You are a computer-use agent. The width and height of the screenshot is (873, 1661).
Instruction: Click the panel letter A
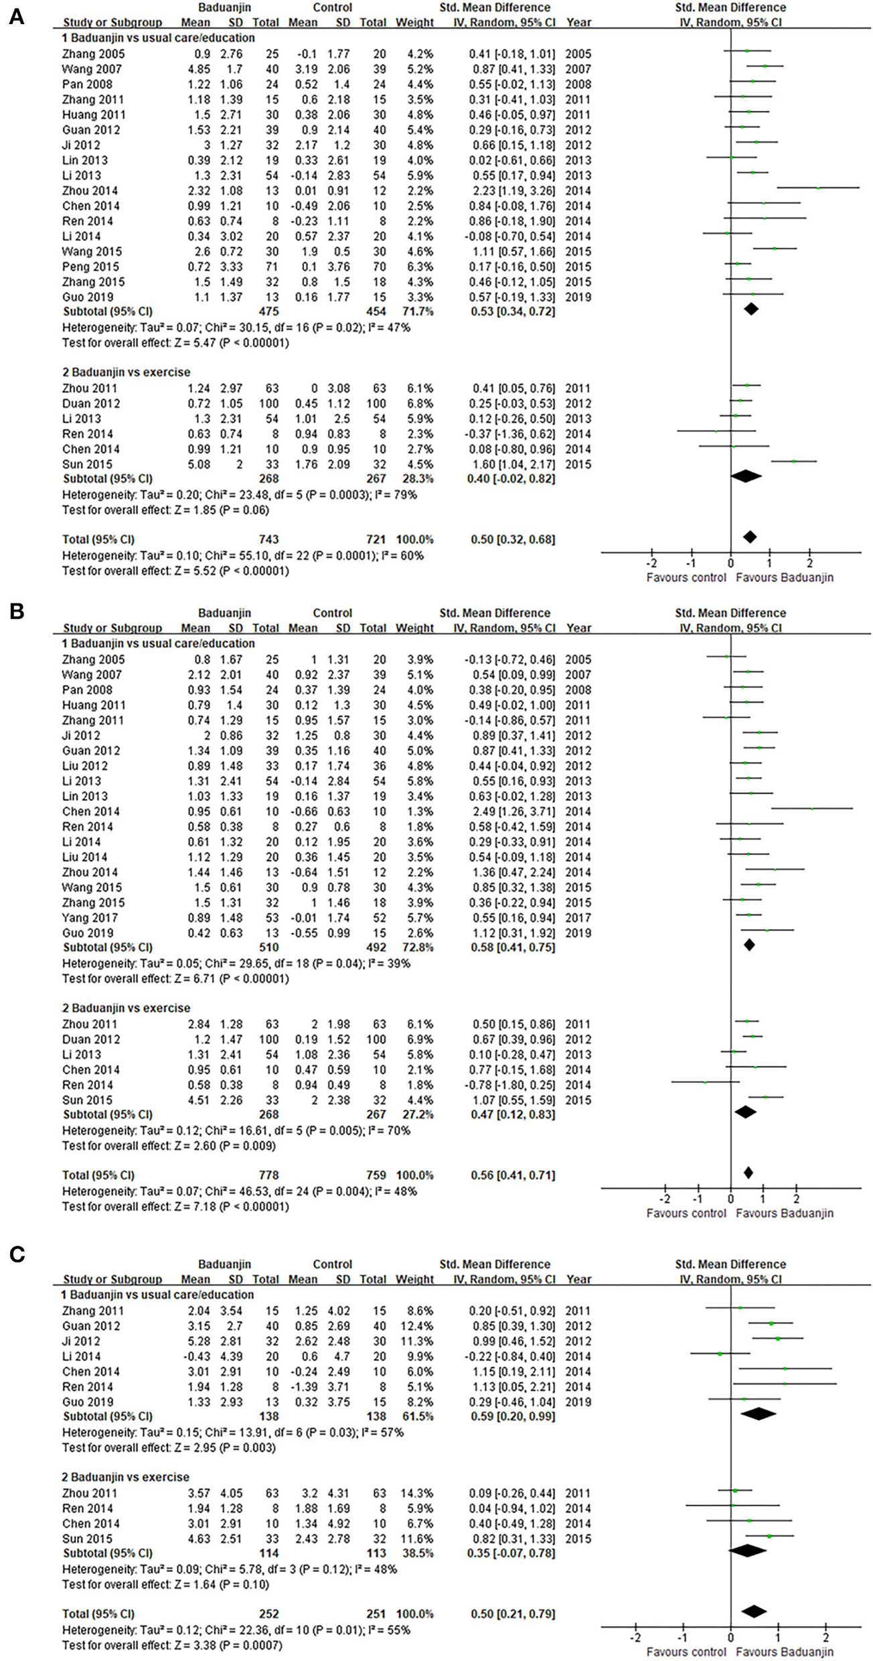pyautogui.click(x=16, y=17)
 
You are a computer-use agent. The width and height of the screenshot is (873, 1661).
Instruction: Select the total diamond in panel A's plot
pyautogui.click(x=750, y=536)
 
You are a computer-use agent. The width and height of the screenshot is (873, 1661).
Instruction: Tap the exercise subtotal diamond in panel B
pyautogui.click(x=744, y=1111)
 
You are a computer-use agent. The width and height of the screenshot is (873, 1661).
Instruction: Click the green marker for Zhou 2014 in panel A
pyautogui.click(x=818, y=188)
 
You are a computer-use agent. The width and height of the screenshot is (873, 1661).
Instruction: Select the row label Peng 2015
pyautogui.click(x=88, y=267)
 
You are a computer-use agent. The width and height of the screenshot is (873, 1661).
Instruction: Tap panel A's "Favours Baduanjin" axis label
pyautogui.click(x=785, y=577)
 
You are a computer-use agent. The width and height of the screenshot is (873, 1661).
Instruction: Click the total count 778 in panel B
pyautogui.click(x=268, y=1175)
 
